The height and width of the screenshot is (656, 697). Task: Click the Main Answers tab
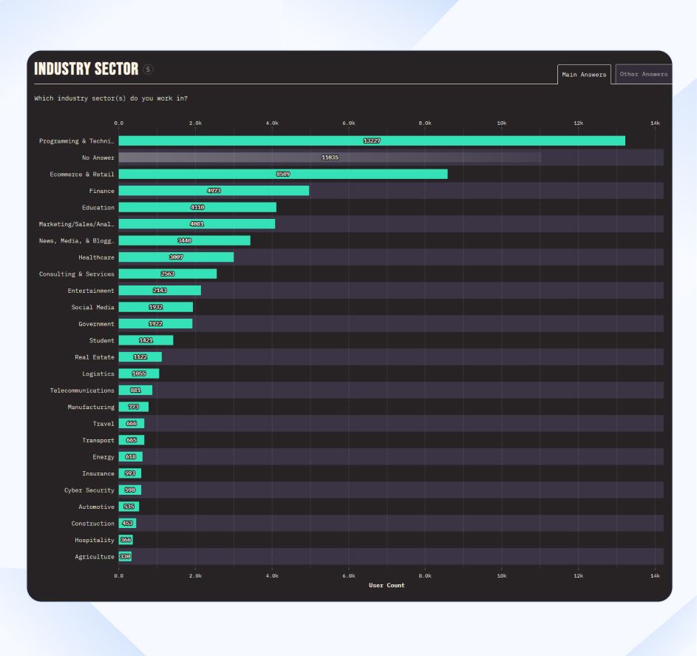point(584,74)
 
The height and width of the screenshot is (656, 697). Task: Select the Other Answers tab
point(644,74)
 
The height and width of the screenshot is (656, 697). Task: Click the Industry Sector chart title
point(86,69)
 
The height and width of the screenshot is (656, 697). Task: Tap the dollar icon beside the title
point(149,70)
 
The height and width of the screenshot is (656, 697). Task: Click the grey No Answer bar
point(330,158)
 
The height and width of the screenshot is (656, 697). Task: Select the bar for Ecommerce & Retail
point(283,174)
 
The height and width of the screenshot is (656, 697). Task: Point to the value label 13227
point(372,141)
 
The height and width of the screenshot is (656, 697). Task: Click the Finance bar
point(214,191)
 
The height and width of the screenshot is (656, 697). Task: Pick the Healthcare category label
point(96,257)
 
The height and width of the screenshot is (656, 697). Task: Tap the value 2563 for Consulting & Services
point(168,274)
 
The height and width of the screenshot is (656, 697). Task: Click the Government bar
point(155,324)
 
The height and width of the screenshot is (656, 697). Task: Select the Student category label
point(102,341)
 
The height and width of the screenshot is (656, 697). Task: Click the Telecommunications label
point(82,390)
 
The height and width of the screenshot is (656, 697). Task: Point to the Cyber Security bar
point(130,490)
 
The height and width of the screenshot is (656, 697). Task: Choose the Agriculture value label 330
point(125,557)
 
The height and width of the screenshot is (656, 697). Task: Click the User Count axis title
point(387,586)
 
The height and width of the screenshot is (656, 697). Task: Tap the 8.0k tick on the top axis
point(425,123)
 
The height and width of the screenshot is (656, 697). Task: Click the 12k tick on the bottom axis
point(578,575)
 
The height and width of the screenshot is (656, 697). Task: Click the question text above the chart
point(111,98)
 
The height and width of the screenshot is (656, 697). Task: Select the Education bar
point(197,208)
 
